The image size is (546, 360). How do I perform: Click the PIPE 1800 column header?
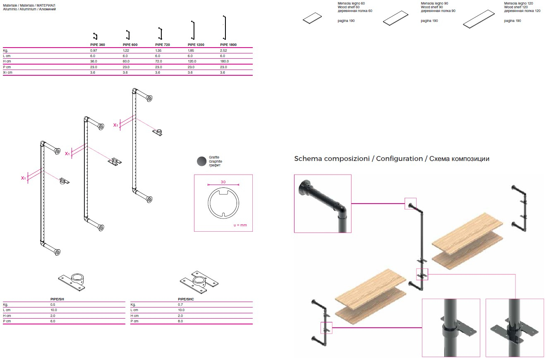(228, 45)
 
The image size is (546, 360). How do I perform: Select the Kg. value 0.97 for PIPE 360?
(93, 50)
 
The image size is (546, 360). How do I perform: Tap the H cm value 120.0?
(192, 61)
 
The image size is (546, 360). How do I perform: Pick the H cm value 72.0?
(158, 61)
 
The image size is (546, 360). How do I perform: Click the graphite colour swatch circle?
(202, 161)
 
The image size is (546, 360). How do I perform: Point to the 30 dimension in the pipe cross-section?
(223, 182)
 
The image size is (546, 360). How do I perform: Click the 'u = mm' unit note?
(240, 226)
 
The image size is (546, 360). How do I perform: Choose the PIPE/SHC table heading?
(186, 299)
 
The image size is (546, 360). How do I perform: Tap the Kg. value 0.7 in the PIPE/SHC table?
(180, 304)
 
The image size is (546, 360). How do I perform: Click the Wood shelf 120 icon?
(480, 19)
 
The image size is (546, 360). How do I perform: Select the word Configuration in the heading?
(399, 159)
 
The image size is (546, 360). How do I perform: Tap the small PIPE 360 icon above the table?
(95, 36)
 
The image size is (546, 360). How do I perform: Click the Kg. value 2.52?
(224, 50)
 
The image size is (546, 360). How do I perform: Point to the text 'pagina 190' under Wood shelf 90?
(429, 21)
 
